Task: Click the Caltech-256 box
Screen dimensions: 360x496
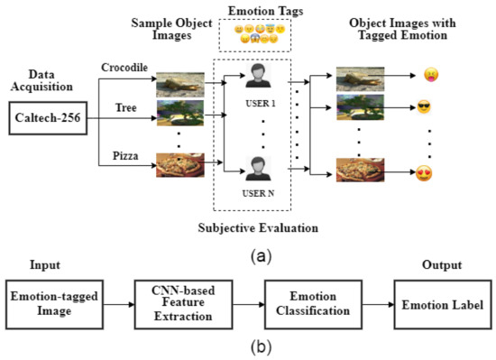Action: pyautogui.click(x=46, y=119)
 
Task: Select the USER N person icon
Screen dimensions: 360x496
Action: pyautogui.click(x=258, y=168)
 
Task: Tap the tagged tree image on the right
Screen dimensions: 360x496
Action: pyautogui.click(x=361, y=111)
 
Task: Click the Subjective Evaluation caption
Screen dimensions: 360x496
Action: pyautogui.click(x=258, y=226)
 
